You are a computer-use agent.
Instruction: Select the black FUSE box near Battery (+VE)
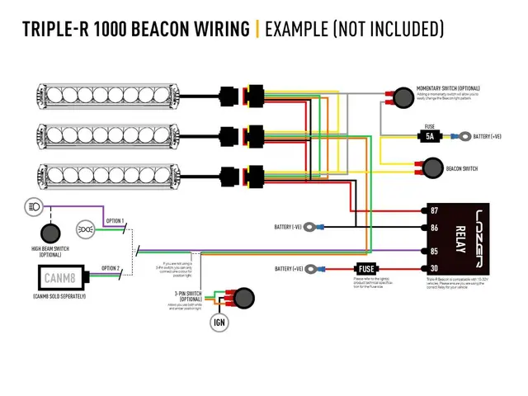[367, 270]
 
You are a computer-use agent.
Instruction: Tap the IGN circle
[219, 322]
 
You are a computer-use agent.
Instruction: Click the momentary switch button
[403, 97]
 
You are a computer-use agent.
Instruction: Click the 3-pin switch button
[244, 297]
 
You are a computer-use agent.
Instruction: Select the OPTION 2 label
[111, 268]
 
